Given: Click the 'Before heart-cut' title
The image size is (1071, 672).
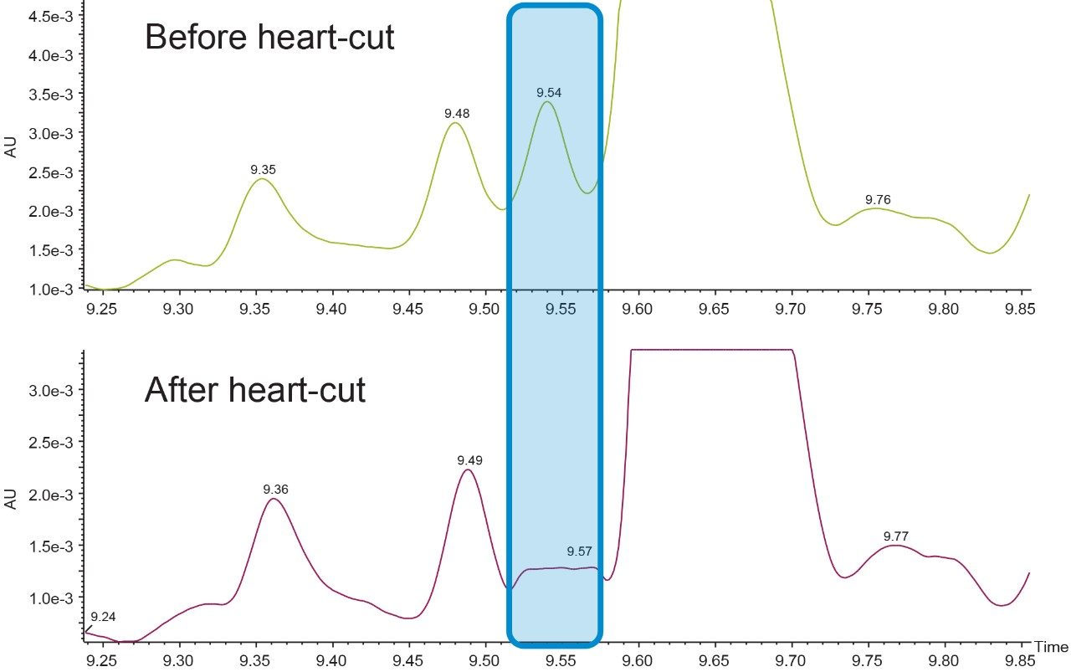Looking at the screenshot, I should coord(269,38).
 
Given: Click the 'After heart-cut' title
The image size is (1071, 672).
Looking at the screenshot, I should coord(254,390).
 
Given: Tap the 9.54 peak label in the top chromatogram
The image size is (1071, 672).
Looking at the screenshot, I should coord(549,92).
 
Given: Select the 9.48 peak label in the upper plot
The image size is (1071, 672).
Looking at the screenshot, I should coord(457,113).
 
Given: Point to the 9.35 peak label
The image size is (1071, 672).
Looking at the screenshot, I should coord(264,169).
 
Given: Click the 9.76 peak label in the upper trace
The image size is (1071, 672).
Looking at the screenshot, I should coord(878,199).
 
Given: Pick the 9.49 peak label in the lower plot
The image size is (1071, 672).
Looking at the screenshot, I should coord(469,460).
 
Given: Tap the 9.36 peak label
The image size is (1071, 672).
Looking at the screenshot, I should coord(275,489).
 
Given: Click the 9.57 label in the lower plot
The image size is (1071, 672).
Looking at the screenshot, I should coord(579,551).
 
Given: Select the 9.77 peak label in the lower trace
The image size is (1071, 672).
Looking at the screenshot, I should coord(895,536).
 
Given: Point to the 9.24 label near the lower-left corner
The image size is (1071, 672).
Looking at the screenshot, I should coord(103,617).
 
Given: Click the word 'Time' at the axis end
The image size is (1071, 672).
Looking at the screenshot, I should coord(1051,647).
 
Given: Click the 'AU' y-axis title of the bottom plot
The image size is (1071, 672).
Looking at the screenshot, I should coord(11,499).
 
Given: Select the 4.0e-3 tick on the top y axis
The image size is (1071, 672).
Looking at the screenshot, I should coord(53,55).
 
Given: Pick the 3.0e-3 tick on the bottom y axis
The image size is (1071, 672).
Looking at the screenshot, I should coord(53,391).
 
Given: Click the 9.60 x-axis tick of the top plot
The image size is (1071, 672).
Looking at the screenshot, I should coord(638,310).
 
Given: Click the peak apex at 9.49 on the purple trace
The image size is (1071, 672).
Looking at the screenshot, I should coord(468,469).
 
